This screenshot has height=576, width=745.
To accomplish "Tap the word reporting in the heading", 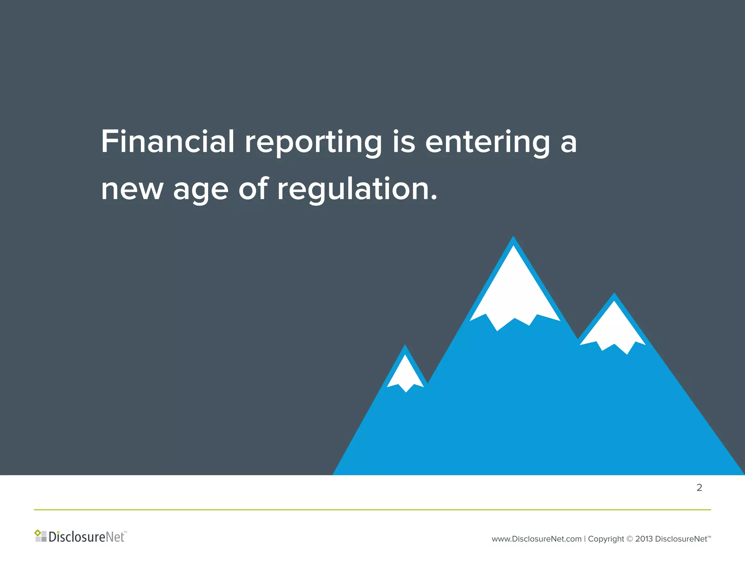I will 313,143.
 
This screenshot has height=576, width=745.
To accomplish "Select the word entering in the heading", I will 487,143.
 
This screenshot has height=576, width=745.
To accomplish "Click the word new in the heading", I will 132,190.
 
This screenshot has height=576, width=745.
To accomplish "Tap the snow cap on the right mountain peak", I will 614,328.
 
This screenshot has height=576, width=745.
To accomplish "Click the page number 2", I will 699,488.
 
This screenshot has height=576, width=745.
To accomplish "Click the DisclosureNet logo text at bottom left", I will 87,537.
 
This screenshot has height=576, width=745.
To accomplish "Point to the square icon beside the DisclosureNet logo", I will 40,536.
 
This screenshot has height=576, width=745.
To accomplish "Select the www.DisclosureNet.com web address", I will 536,539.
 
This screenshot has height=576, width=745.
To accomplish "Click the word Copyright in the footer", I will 606,539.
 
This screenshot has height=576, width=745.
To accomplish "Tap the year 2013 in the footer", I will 644,539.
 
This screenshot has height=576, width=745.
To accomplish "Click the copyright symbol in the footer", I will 630,539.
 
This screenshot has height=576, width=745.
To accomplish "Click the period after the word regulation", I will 434,198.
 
